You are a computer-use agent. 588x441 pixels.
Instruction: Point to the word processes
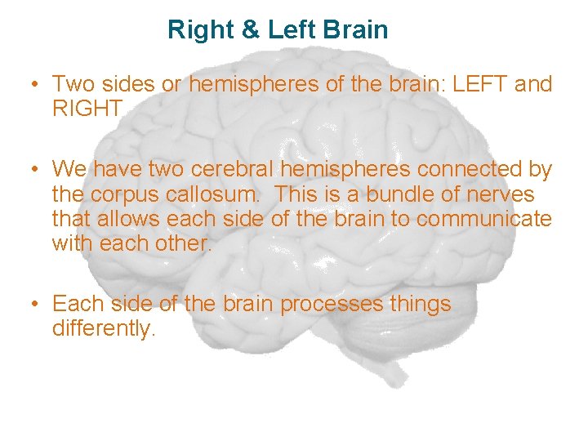tap(332, 304)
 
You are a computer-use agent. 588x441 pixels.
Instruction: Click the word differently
tap(104, 330)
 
